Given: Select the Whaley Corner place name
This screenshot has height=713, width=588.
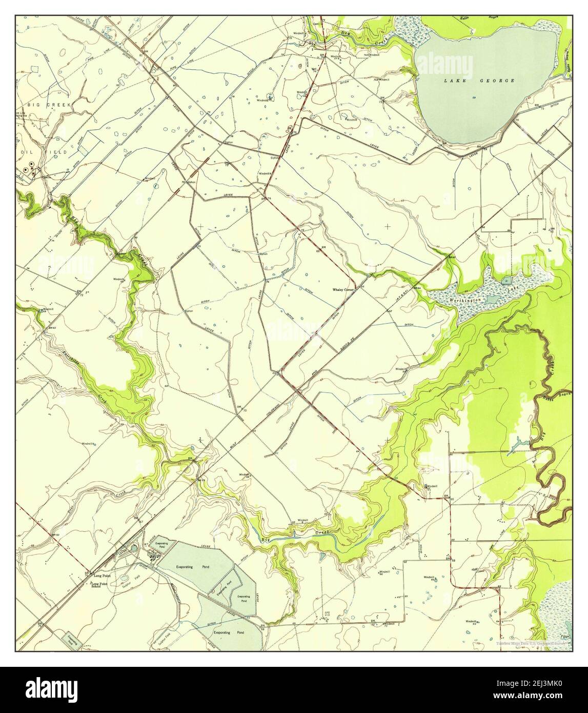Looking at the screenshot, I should pyautogui.click(x=343, y=290).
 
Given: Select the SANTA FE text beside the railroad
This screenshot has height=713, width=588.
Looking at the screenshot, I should pyautogui.click(x=349, y=344).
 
